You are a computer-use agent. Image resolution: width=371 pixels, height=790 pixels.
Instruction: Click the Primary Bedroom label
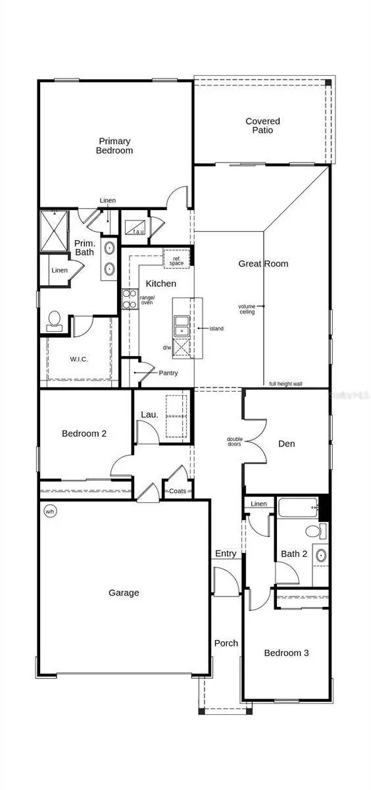point(115,145)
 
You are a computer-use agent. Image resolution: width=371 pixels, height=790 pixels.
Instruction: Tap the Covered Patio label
point(262,126)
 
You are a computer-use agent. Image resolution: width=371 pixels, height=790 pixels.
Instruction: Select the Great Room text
point(263,264)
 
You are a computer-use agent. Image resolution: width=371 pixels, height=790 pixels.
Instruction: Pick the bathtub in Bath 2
point(297,508)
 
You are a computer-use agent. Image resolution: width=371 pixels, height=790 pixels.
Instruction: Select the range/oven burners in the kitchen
point(129,300)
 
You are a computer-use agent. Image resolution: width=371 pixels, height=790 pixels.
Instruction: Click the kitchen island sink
point(182,326)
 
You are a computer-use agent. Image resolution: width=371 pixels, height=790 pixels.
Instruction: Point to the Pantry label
point(168,373)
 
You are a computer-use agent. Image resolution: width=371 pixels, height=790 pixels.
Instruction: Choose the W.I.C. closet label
point(79,359)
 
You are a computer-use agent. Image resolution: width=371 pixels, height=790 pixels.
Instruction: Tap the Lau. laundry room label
point(149,414)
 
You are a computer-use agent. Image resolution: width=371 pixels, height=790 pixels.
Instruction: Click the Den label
point(286,444)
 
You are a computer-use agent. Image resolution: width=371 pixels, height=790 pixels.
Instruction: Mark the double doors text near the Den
point(234,442)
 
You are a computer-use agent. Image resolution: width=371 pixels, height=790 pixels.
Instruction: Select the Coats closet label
point(178,491)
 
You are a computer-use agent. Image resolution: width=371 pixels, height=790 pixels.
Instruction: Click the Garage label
point(124,592)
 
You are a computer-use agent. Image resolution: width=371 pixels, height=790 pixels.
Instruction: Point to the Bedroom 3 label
point(286,653)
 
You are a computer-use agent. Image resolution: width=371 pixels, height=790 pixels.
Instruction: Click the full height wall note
point(285,384)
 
